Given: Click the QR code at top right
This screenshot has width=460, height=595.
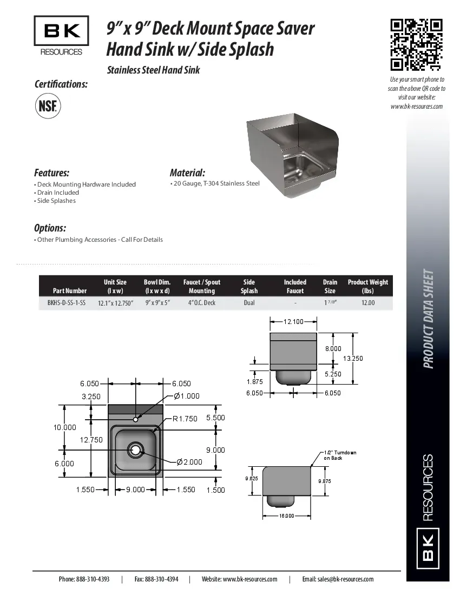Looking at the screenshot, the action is [x=417, y=45].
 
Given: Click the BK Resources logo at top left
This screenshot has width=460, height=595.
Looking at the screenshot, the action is [x=61, y=36].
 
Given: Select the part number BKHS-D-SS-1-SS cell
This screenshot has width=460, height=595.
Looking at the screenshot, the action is [x=63, y=303].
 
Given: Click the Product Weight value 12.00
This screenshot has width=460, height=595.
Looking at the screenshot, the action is [x=367, y=303].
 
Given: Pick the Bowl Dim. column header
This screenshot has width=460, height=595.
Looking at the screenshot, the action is [x=157, y=286].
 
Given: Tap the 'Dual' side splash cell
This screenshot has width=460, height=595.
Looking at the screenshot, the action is [x=249, y=303].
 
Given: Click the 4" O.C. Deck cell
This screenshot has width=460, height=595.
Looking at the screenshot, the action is [x=201, y=303].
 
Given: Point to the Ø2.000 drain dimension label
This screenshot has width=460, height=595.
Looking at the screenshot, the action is [x=189, y=462].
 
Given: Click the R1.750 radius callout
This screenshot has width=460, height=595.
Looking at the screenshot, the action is [x=185, y=419].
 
